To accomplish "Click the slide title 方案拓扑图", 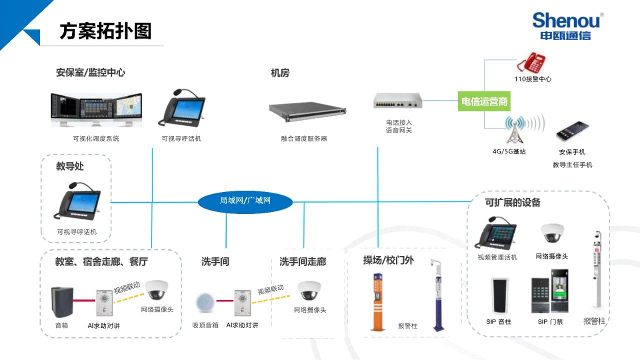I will coord(105,31).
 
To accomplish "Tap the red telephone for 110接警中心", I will coord(531,62).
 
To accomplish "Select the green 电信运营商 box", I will coord(484,101).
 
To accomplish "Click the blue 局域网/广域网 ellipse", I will coord(245,201).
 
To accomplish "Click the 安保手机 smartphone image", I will coord(572,132).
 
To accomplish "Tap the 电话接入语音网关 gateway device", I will coord(398,101).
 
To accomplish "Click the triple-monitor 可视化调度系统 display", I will coord(96,110).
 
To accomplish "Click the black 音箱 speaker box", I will coord(62,302).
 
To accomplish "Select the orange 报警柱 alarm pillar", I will coord(378,301).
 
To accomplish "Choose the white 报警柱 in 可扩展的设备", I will coord(596,270).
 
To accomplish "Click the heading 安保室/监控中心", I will coord(90,73).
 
